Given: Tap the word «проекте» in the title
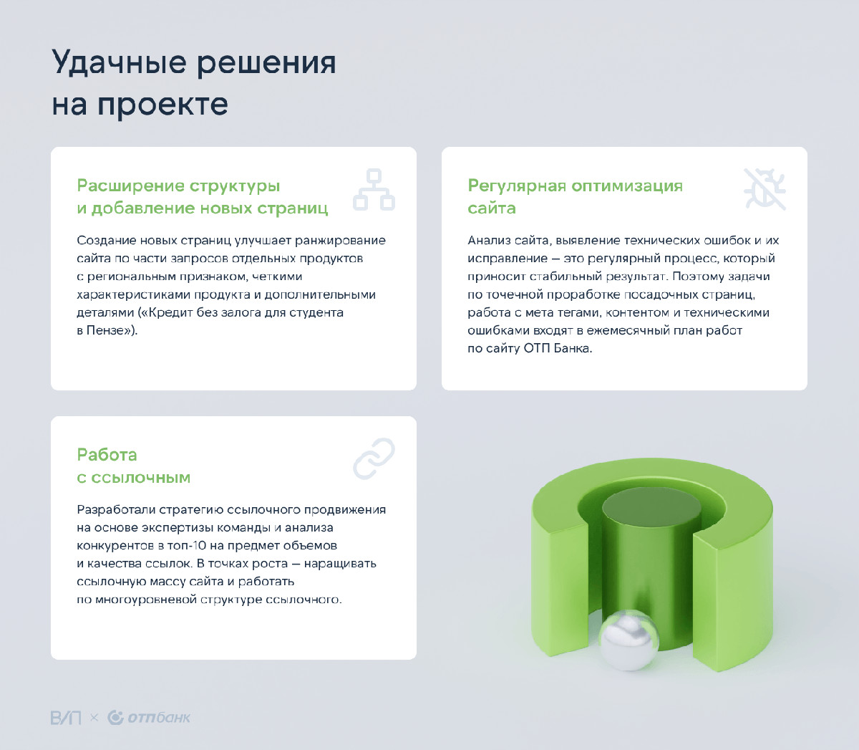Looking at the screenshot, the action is [163, 105].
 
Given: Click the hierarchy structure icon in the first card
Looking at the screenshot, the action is [374, 189].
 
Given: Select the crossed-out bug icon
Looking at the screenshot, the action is [765, 189].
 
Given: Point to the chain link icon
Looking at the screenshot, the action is [374, 459].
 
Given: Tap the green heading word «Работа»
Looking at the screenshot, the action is [107, 455].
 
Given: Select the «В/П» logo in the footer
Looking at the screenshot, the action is [66, 718].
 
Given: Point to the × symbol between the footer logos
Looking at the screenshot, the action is [94, 718].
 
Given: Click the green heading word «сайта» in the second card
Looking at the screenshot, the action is [492, 208].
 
